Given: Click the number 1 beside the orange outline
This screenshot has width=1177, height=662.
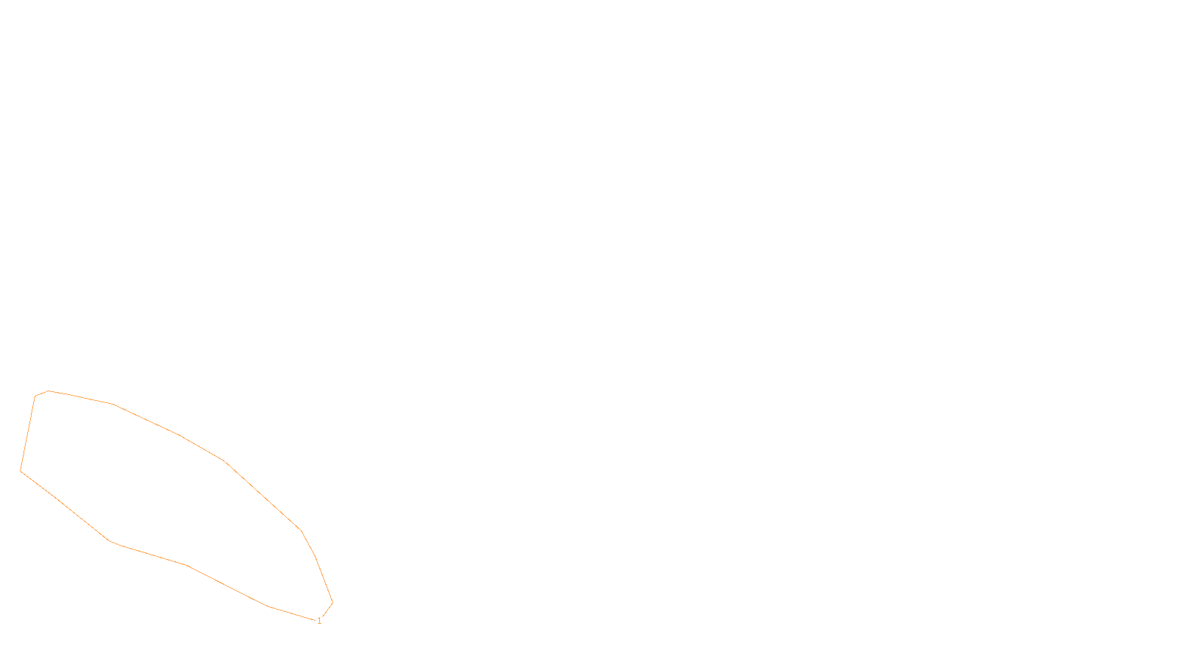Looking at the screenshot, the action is tap(319, 621).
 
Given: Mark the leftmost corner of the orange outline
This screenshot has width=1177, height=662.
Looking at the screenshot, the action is tap(21, 470).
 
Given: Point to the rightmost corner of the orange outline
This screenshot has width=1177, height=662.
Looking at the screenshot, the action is tap(333, 603).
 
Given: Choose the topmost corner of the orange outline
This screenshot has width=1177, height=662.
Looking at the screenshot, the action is tap(49, 391).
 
